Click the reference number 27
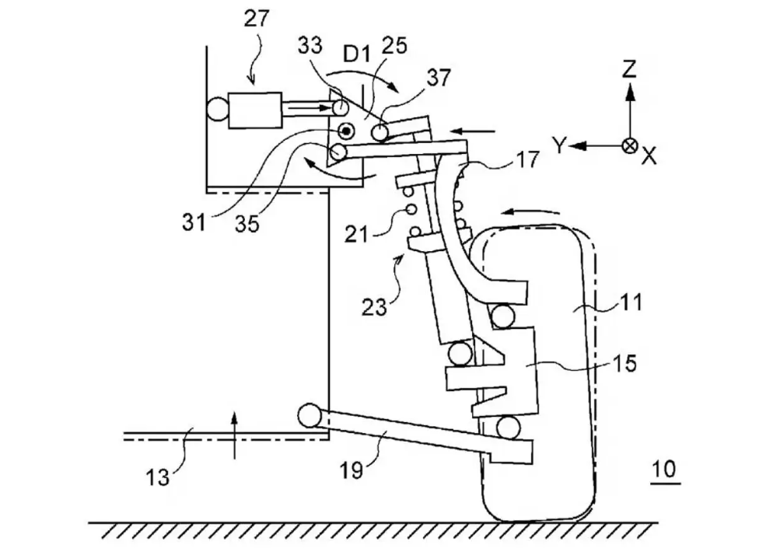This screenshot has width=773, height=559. [257, 19]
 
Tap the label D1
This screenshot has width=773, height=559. [356, 54]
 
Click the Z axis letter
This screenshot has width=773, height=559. [629, 70]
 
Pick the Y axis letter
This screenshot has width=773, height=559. [559, 145]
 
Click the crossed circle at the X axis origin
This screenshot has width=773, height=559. [630, 145]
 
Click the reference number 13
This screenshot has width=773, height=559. [158, 477]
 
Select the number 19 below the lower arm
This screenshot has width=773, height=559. [352, 470]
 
